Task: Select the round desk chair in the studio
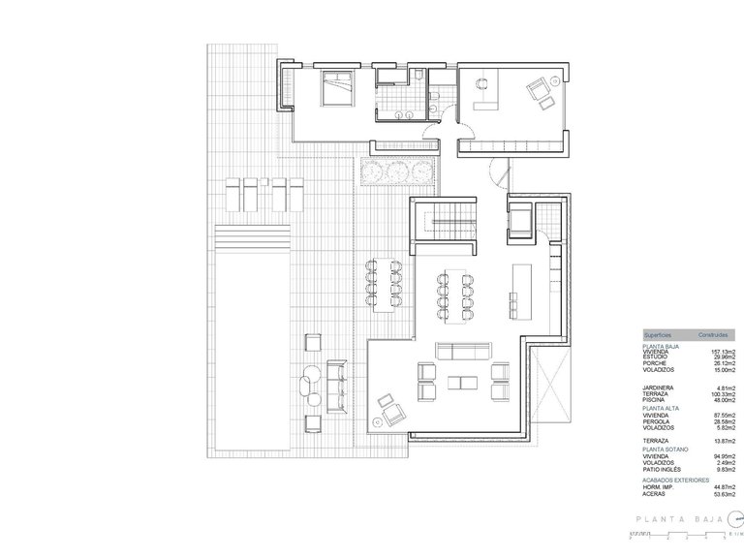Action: pos(481,84)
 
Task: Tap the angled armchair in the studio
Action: pos(534,92)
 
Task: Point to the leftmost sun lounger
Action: pos(233,193)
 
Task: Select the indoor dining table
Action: pos(454,294)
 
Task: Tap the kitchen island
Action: pos(522,287)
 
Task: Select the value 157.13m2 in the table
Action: pos(718,352)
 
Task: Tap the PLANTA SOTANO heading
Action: pos(664,449)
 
